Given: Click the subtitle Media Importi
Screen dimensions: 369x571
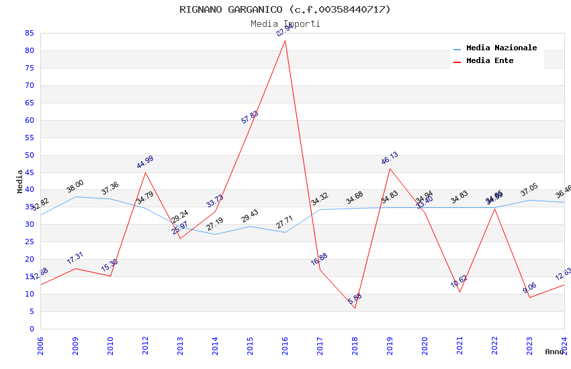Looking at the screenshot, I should tap(285, 24).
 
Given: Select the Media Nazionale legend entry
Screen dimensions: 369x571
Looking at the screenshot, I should tap(501, 48).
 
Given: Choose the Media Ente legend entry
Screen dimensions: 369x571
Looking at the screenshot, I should tap(489, 61).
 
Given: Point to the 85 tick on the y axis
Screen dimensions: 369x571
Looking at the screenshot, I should tap(29, 33).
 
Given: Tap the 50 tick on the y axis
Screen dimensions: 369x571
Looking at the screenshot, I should tap(29, 155).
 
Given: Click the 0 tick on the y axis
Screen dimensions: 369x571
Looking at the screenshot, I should tap(32, 329).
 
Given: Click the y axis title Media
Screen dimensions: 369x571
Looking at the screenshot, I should tap(20, 181).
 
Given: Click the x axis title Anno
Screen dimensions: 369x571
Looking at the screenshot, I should tap(554, 352).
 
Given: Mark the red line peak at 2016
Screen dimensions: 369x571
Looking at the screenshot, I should tap(285, 40).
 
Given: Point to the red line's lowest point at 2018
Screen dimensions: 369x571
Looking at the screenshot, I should tap(355, 308).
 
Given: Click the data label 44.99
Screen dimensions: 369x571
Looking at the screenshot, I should tap(145, 162).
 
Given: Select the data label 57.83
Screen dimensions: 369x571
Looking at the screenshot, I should tap(250, 117).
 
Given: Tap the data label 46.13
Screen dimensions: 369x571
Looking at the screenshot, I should tap(390, 158).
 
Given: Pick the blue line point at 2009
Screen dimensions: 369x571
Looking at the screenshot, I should tap(75, 197).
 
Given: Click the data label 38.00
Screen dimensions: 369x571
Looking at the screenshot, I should tap(75, 186).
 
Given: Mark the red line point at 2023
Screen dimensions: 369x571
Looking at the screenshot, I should tap(529, 297).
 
